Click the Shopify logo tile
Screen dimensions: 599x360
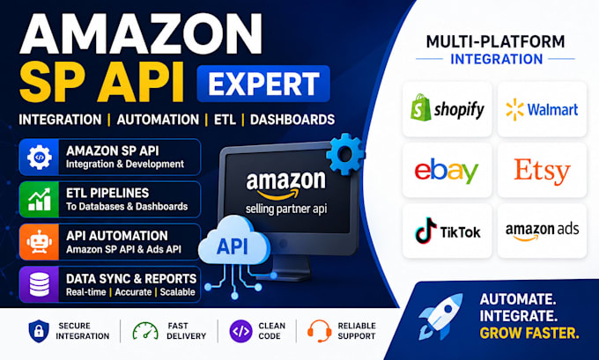[447, 109]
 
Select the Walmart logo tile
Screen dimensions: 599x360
[542, 109]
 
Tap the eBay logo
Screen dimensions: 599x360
[447, 171]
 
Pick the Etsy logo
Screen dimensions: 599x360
[542, 171]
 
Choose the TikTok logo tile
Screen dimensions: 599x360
[447, 231]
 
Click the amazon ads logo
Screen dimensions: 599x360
[542, 231]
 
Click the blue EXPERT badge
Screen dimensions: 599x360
[263, 84]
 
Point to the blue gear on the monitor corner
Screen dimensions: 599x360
[345, 154]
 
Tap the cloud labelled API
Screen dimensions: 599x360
[233, 240]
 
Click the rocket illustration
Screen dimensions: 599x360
[440, 316]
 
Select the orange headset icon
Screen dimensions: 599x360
[320, 331]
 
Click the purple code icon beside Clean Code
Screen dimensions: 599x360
[240, 331]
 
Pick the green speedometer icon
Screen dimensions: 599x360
[145, 331]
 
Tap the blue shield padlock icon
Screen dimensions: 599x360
[39, 331]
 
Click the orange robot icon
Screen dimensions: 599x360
[39, 242]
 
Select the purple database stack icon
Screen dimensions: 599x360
[40, 284]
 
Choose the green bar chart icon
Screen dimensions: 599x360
[40, 199]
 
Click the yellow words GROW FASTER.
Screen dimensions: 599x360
[529, 334]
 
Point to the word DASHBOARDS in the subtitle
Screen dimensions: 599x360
[292, 120]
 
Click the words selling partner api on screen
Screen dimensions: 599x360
[286, 209]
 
